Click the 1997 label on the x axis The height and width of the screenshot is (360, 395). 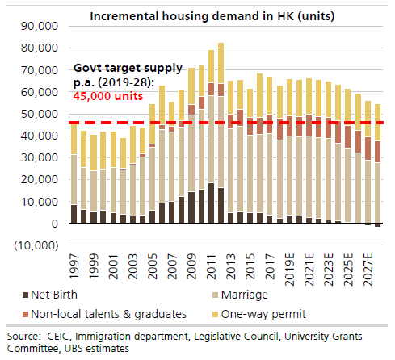point(75,265)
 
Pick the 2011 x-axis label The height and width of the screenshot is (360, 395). point(212,265)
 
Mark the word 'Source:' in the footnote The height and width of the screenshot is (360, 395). point(25,335)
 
